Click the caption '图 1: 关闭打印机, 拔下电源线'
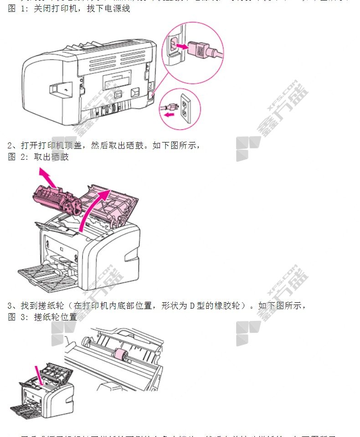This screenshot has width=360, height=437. point(69,8)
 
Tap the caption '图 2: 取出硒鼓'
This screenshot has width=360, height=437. point(38,157)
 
